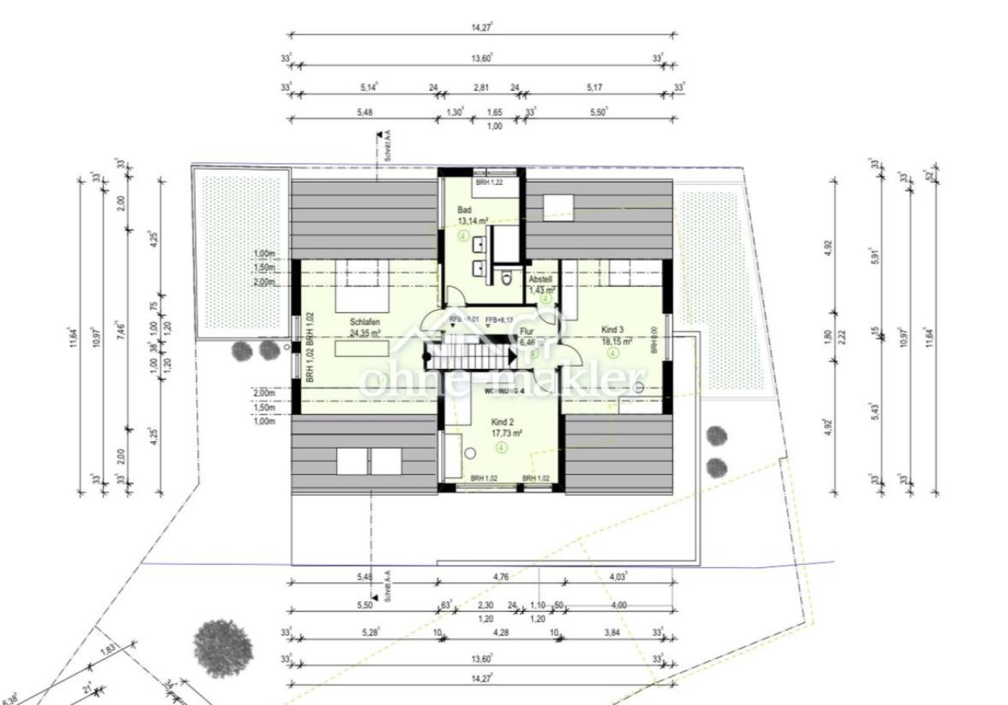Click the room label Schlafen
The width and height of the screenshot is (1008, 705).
366,321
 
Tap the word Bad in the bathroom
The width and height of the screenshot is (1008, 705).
464,210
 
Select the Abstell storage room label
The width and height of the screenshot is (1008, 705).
541,280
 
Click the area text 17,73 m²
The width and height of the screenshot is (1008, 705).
507,432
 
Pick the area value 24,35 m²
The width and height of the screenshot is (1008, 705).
365,333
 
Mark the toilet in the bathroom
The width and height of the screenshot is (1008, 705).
507,277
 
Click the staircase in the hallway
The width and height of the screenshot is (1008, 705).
468,356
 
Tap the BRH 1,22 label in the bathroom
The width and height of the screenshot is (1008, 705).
487,183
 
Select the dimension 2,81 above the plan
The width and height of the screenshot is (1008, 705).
481,88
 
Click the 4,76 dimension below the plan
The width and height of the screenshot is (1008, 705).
501,577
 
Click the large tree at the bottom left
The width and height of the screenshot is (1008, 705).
223,648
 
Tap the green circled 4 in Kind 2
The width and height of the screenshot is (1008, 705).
501,447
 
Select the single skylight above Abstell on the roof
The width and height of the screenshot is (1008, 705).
559,205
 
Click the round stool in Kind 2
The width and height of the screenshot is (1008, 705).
470,454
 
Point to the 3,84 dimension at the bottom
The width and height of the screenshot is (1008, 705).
610,631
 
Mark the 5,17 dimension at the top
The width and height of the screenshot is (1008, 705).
594,88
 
